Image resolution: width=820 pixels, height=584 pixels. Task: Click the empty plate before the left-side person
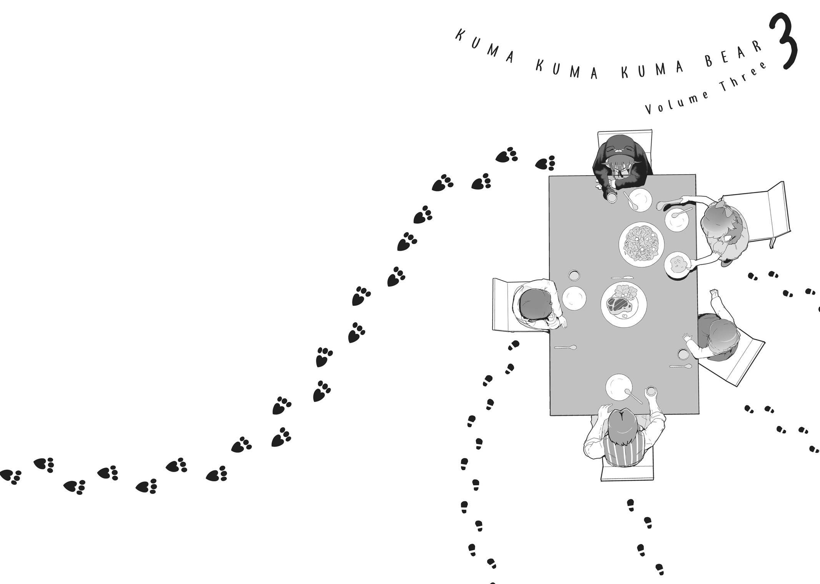574,298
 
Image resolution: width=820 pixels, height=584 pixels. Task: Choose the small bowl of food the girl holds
678,265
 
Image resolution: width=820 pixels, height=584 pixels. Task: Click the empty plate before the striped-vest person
619,387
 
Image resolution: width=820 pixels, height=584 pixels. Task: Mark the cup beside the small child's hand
683,354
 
